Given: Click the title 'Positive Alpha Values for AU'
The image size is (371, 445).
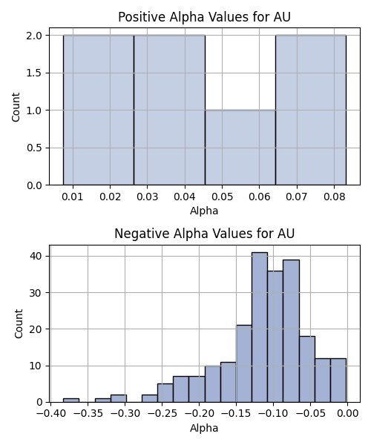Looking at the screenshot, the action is click(x=204, y=17).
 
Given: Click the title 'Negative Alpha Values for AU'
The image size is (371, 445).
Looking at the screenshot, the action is click(x=204, y=234).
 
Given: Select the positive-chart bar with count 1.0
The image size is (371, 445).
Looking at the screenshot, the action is click(x=240, y=148).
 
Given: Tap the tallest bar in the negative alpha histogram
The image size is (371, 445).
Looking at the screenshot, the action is click(x=260, y=327).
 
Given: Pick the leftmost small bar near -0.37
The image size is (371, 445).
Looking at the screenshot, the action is click(x=71, y=400).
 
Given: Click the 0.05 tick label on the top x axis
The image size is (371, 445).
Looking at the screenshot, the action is click(x=222, y=197).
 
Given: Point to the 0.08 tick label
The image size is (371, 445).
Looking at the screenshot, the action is click(x=335, y=197).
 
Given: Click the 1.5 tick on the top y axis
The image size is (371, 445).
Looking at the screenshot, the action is click(x=34, y=73).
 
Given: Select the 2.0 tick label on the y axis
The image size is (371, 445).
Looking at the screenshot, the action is click(x=34, y=36).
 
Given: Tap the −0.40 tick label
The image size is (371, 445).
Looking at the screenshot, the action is click(x=50, y=414).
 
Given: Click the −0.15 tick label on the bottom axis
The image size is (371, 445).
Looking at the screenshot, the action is click(x=236, y=414).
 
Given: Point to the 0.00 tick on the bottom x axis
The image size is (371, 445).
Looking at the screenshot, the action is click(x=347, y=414).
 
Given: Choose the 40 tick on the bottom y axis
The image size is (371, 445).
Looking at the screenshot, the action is click(x=36, y=256).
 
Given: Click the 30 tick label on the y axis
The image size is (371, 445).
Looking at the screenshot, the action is click(x=36, y=293).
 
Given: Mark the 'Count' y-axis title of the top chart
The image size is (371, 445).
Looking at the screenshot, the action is click(x=16, y=107).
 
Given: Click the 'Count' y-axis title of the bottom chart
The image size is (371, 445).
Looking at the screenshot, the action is click(x=19, y=324).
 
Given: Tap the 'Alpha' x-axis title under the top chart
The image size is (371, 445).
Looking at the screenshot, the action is click(x=204, y=211).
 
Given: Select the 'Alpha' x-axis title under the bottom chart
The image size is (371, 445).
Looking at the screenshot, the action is click(x=204, y=428).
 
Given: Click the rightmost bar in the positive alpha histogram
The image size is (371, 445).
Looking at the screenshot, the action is click(x=311, y=110).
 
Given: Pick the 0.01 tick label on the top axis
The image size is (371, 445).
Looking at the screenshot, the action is click(x=73, y=197).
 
